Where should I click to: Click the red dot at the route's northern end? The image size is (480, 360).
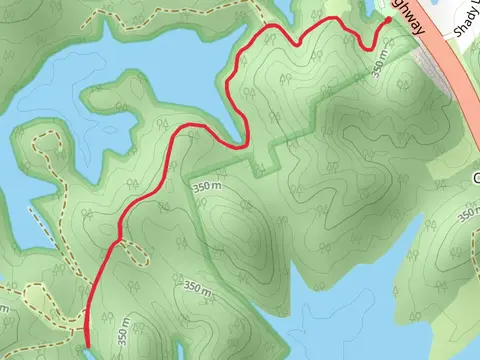[388, 19]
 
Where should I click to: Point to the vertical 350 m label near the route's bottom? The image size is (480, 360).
[124, 331]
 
